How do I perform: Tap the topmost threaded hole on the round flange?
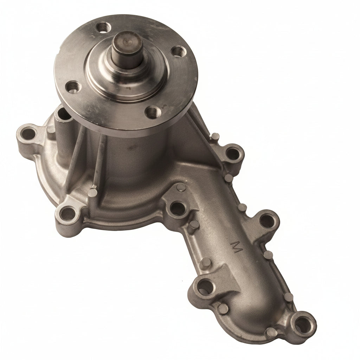point(104,27)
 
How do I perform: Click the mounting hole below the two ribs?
point(68,213)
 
